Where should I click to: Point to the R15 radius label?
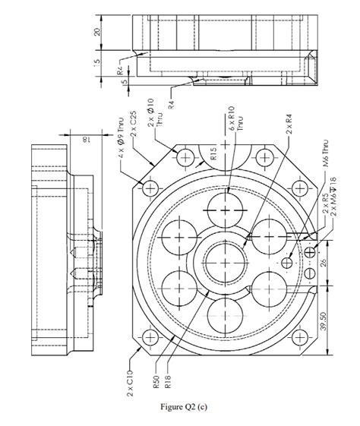tap(215, 154)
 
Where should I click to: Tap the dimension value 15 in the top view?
tap(96, 63)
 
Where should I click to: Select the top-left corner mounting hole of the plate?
tap(150, 187)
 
